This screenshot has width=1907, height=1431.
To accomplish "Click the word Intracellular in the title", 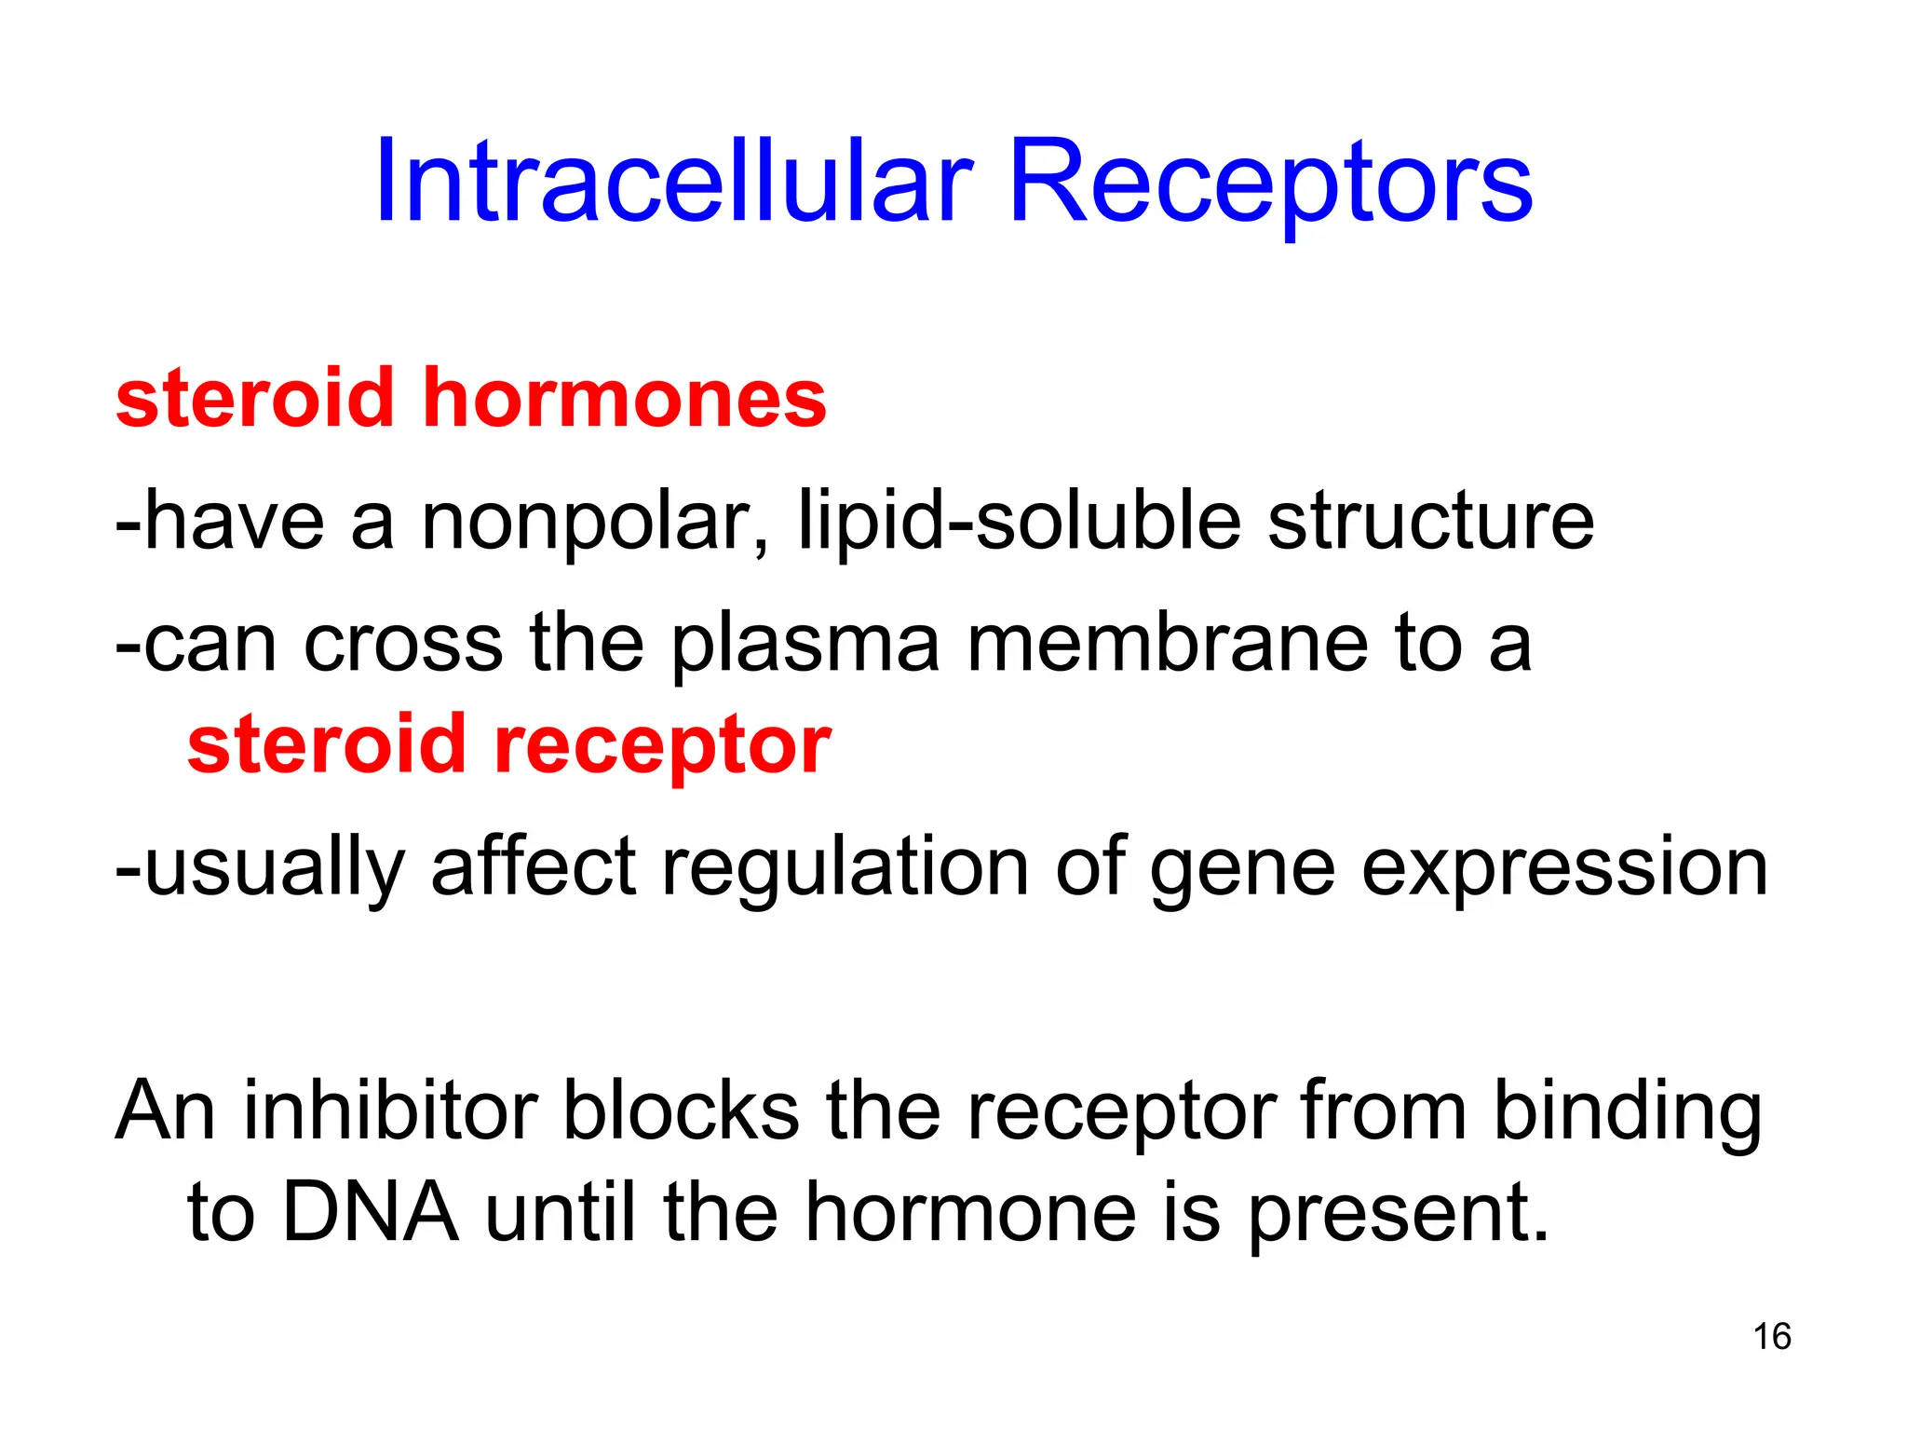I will point(673,182).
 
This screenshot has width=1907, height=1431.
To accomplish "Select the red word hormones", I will point(624,399).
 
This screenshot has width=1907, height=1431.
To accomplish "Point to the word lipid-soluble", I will point(1020,522).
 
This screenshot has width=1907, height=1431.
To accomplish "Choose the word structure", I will point(1430,522).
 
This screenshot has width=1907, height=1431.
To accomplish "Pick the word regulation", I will point(845,868).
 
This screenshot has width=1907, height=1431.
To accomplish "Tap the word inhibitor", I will point(391,1111).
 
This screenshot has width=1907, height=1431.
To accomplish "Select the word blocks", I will point(682,1111).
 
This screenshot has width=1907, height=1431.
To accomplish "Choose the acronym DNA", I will point(370,1213).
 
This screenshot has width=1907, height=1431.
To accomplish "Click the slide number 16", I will point(1771,1337).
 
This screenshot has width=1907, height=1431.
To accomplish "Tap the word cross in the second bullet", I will point(402,645).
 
